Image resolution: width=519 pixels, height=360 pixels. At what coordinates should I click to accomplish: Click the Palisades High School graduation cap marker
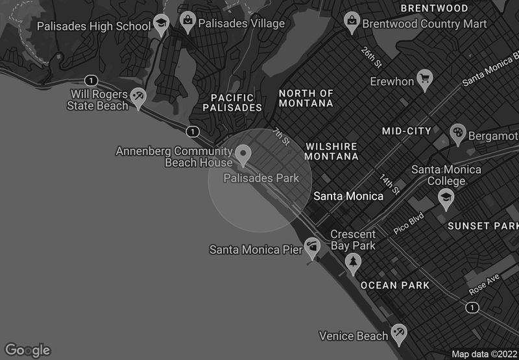(161, 25)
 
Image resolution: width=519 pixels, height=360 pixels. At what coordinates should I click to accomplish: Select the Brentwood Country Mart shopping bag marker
(352, 21)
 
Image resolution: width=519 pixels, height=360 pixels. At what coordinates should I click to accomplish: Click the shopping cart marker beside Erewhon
(426, 79)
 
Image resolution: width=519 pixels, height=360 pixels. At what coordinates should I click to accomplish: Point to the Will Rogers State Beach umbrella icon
(138, 97)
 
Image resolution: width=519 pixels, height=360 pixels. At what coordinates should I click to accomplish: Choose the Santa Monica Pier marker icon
(313, 247)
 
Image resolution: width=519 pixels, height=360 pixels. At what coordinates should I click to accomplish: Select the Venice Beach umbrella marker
(399, 334)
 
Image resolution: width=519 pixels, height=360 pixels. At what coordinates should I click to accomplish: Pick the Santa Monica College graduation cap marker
(446, 198)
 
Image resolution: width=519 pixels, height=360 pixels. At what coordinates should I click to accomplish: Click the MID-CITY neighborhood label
(406, 131)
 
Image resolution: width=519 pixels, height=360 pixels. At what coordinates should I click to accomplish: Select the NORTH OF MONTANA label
(306, 99)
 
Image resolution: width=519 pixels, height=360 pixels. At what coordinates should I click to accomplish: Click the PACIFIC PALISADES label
(232, 102)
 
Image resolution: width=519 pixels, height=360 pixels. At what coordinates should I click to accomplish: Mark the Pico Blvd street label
(408, 223)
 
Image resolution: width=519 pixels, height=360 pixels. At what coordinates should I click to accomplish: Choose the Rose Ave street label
(483, 285)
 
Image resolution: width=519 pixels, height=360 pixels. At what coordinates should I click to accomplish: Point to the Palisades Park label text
(261, 178)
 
